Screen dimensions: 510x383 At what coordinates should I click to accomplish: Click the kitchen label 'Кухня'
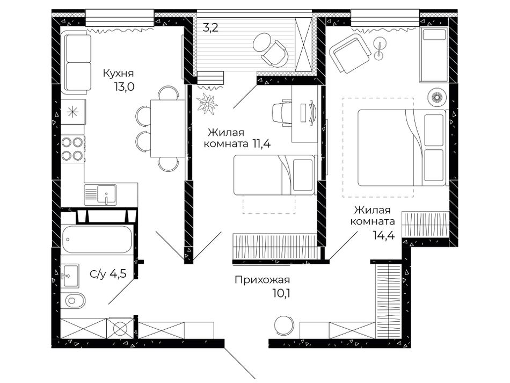click(x=119, y=73)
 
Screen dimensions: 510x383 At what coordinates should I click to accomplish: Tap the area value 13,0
click(x=124, y=87)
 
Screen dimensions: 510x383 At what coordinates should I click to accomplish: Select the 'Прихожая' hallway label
click(x=262, y=279)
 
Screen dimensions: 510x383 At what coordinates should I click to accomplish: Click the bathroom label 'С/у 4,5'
click(x=108, y=274)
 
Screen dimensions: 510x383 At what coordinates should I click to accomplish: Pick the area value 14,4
click(x=384, y=235)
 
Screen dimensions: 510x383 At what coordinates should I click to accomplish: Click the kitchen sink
click(x=100, y=194)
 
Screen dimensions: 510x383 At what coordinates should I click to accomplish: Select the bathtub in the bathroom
click(x=97, y=239)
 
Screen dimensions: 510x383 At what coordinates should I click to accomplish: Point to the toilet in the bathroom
click(x=75, y=300)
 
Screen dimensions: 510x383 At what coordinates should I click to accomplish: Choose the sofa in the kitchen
click(x=78, y=63)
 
